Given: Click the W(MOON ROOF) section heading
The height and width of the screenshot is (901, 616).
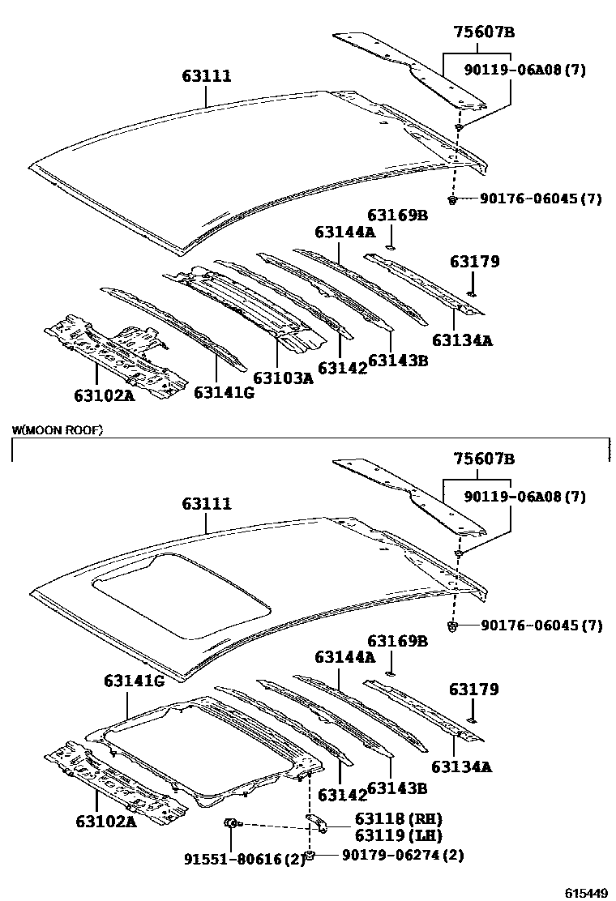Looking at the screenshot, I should pyautogui.click(x=58, y=430).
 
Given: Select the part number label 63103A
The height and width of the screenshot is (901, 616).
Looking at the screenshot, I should pyautogui.click(x=282, y=378).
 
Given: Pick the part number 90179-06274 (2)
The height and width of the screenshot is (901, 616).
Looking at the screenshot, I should pyautogui.click(x=391, y=855).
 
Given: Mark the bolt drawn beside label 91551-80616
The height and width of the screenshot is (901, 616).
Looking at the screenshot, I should pyautogui.click(x=230, y=824).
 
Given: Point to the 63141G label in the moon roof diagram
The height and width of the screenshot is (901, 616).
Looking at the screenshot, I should pyautogui.click(x=134, y=681).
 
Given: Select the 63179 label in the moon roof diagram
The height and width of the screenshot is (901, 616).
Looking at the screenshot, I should pyautogui.click(x=474, y=690).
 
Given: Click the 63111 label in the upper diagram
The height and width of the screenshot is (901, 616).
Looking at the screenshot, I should pyautogui.click(x=207, y=76).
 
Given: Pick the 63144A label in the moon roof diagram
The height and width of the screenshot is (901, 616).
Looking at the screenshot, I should pyautogui.click(x=344, y=657).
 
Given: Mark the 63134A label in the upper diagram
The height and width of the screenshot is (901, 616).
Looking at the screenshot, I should pyautogui.click(x=461, y=340).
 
